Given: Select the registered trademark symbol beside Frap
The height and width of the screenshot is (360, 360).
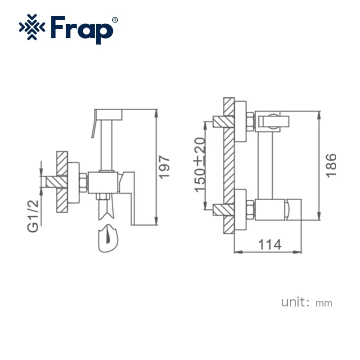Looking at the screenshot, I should (115, 20).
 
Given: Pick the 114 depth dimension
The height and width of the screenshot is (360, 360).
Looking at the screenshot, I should (270, 244).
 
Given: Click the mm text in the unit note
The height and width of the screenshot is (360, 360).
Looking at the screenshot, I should (324, 303).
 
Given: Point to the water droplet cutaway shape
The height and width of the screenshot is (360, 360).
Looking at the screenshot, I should (108, 237).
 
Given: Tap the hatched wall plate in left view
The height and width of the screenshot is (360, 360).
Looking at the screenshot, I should (62, 182).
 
